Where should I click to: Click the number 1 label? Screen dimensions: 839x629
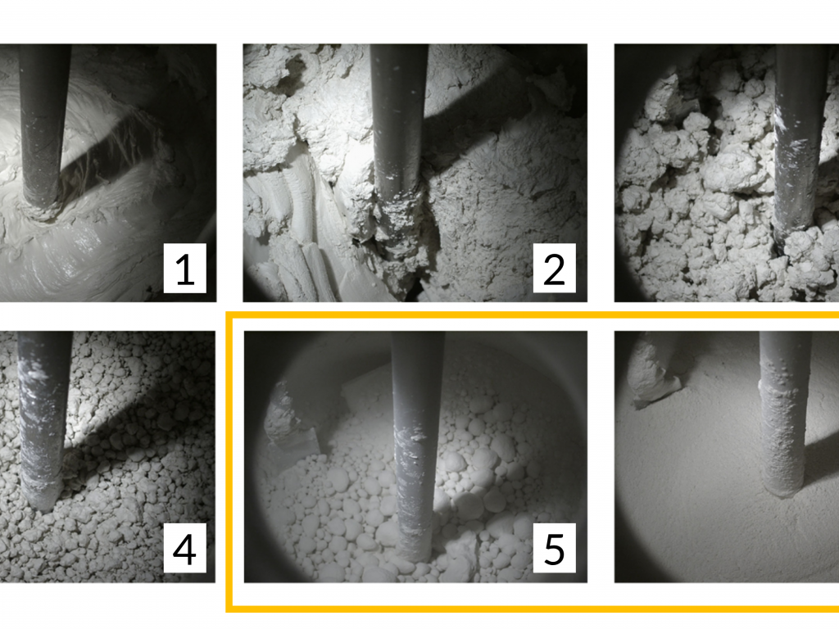pyautogui.click(x=184, y=268)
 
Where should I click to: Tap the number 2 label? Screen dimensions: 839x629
pyautogui.click(x=555, y=268)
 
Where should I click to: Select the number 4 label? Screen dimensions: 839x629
pyautogui.click(x=184, y=548)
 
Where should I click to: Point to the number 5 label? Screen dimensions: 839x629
pyautogui.click(x=555, y=548)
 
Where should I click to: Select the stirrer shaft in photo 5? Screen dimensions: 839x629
pyautogui.click(x=416, y=444)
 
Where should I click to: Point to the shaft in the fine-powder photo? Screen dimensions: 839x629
pyautogui.click(x=784, y=412)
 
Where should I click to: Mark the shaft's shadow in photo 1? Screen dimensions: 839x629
pyautogui.click(x=112, y=155)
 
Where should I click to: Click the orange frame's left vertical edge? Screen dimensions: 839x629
pyautogui.click(x=229, y=461)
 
